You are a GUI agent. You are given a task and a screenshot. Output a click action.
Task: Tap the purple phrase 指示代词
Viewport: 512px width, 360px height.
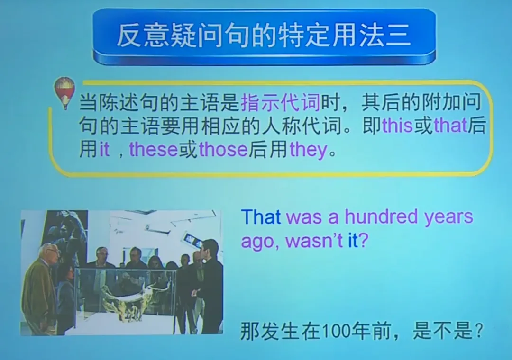tap(281, 102)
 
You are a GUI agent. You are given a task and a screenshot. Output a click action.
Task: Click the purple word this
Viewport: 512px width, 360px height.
tap(397, 126)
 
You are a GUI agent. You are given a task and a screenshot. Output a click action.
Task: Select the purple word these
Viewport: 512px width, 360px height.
tap(154, 150)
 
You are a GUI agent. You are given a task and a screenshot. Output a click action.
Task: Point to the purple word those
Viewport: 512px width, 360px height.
tap(223, 150)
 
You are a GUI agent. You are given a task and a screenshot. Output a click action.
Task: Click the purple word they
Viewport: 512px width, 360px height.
tap(309, 151)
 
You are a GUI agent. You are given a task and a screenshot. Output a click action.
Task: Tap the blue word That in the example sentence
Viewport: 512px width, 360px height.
tap(261, 217)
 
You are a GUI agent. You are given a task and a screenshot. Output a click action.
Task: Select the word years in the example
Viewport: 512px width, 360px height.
tap(448, 217)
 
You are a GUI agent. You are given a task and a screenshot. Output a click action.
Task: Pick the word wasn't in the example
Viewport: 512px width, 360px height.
tap(314, 241)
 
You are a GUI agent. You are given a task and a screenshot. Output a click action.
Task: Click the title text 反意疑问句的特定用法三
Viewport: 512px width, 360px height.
tap(264, 36)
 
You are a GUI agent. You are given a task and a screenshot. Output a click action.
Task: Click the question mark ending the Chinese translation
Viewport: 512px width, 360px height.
tap(477, 331)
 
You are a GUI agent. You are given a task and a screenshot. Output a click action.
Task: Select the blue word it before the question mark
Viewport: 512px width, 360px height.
tap(352, 241)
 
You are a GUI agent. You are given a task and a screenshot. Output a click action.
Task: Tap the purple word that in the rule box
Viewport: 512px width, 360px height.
tap(450, 126)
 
